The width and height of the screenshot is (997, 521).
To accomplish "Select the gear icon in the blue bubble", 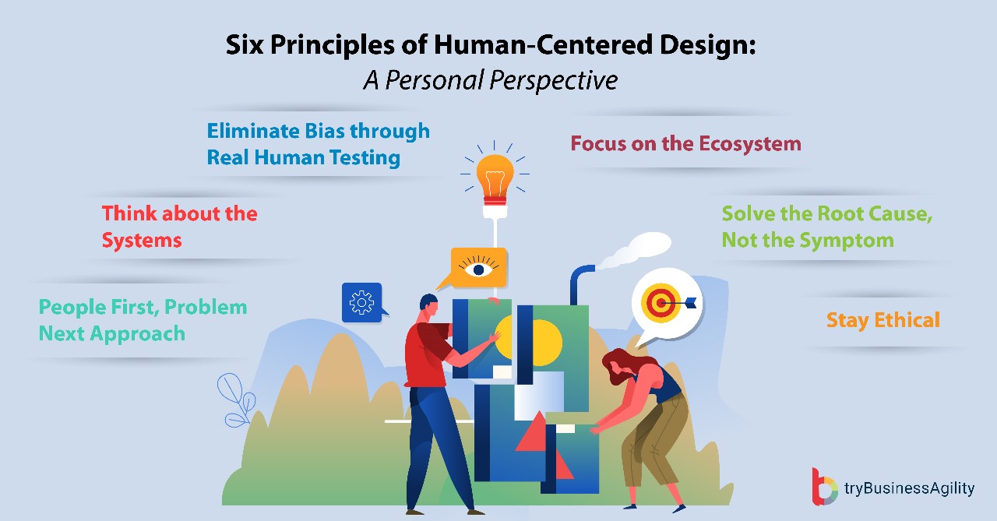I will (x=361, y=302).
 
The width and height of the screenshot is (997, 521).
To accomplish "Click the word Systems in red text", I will (x=142, y=240).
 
